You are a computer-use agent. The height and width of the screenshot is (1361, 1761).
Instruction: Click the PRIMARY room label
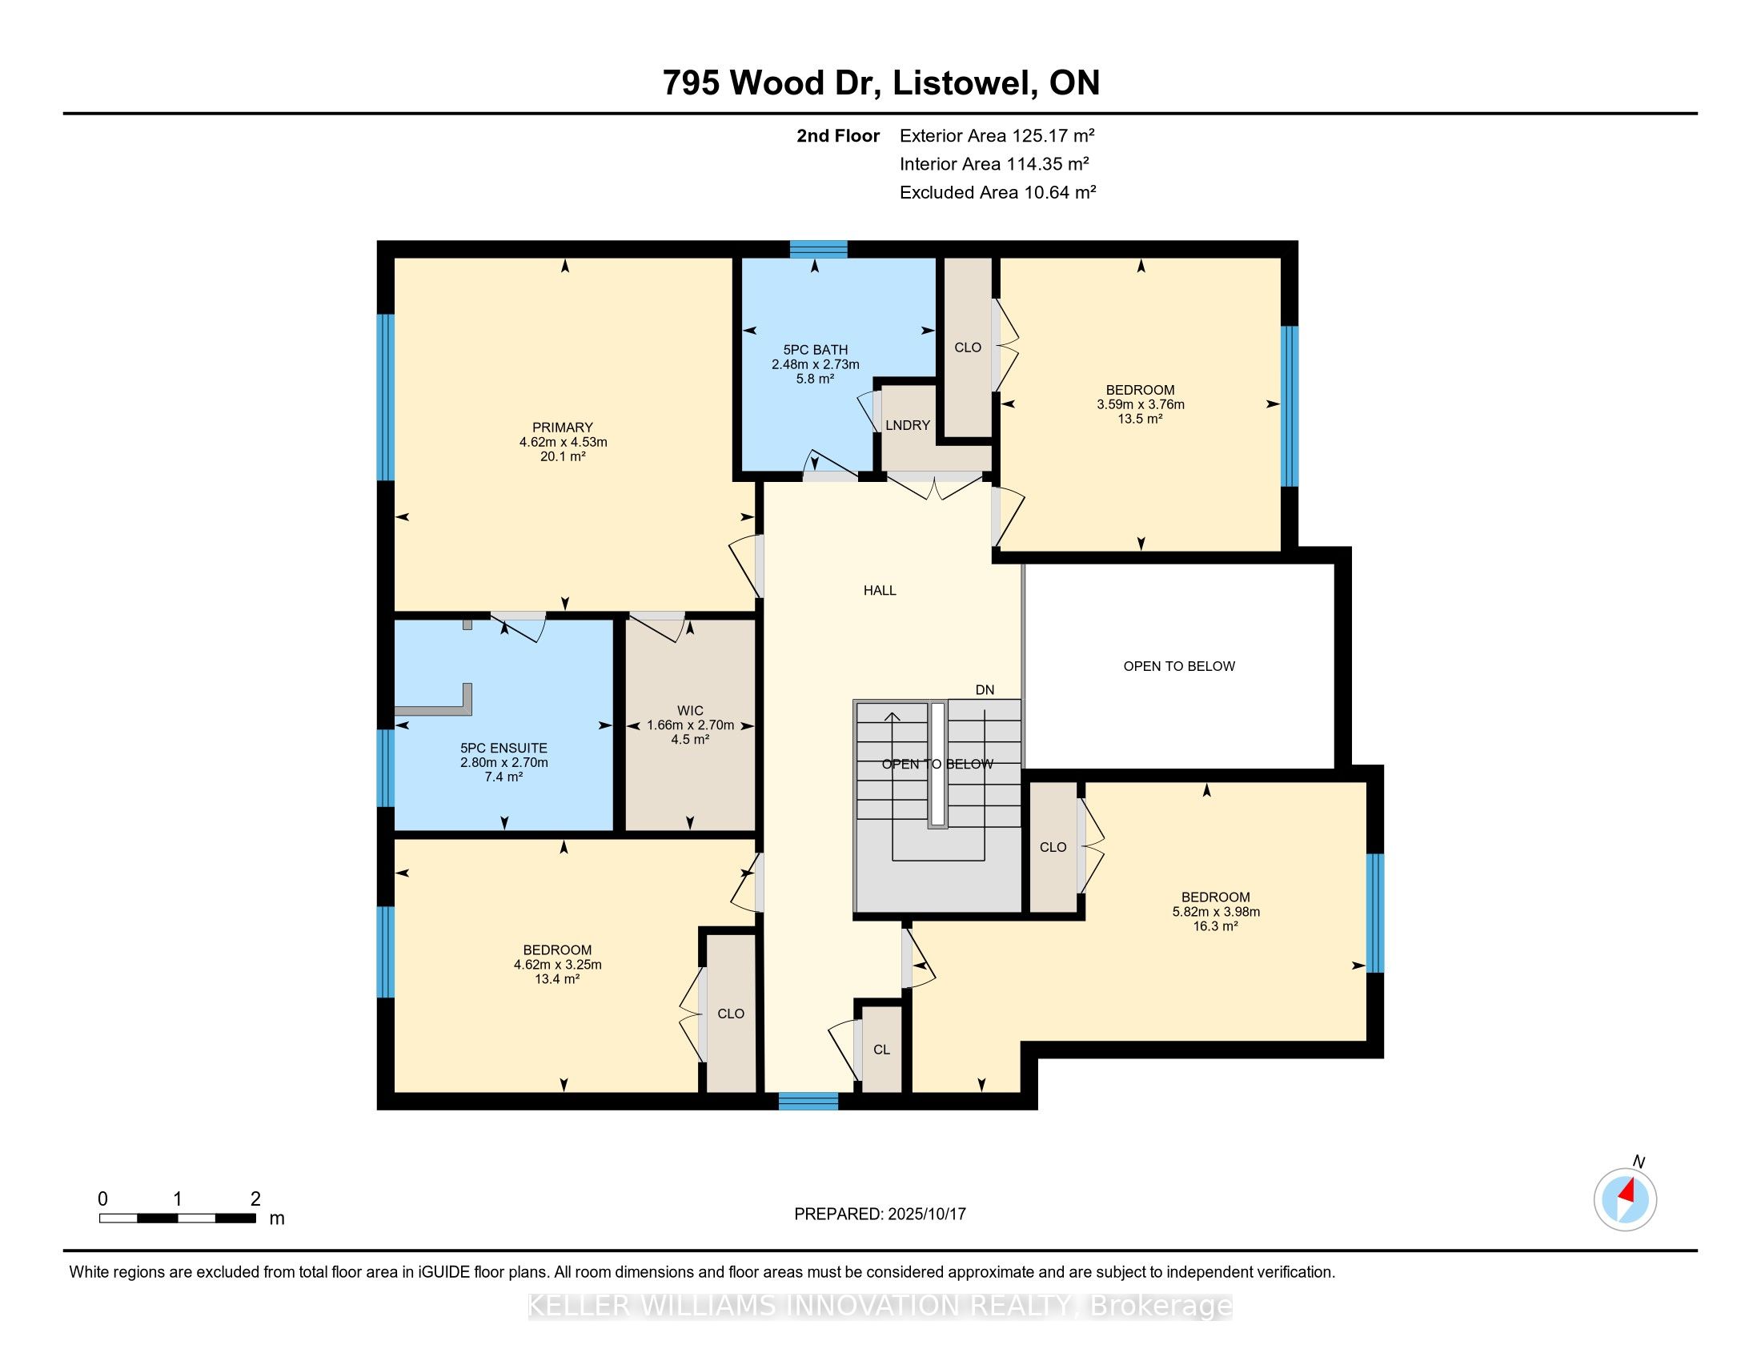pos(562,428)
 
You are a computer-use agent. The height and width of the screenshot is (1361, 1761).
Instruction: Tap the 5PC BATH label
pos(815,350)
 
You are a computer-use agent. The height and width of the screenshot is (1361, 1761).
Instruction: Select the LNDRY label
pos(908,426)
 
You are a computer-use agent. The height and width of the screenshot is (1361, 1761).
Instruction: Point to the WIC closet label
pos(690,710)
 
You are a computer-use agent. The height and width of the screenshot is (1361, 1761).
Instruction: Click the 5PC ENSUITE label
pos(504,749)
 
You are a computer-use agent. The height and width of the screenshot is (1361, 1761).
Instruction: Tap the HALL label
pos(880,590)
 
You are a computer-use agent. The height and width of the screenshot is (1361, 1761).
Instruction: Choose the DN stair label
pos(985,690)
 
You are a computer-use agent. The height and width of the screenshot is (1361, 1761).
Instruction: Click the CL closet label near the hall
pos(881,1050)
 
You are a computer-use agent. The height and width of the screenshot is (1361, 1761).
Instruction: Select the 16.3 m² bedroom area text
pos(1215,926)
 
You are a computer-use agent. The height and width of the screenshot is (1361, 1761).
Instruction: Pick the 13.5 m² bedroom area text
pos(1140,420)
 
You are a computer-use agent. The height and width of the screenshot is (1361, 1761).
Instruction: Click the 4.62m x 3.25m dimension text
pos(557,966)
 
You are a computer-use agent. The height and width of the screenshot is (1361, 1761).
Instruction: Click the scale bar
pos(178,1218)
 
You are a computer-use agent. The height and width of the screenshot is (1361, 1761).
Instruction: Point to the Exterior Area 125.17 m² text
pos(997,135)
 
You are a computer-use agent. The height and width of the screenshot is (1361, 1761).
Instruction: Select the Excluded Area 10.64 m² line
pos(998,192)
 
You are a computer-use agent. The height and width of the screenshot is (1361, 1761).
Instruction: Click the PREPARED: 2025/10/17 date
pos(880,1214)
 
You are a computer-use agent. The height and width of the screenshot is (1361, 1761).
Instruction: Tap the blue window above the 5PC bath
pos(818,249)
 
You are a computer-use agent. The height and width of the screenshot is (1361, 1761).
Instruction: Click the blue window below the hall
pos(808,1102)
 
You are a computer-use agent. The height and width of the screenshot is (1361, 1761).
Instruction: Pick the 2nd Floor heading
pos(838,135)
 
